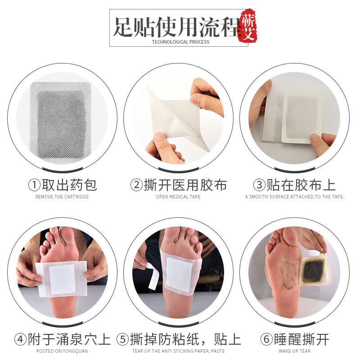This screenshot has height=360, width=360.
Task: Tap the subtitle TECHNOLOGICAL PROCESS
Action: [x=180, y=42]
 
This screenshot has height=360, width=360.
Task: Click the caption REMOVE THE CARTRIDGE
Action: [x=62, y=197]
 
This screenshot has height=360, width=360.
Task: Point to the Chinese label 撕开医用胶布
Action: [x=185, y=185]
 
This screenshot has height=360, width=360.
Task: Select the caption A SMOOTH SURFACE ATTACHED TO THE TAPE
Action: [x=294, y=197]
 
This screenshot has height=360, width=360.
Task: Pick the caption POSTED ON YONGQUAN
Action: [x=62, y=351]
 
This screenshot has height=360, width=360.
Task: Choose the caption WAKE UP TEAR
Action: [x=294, y=351]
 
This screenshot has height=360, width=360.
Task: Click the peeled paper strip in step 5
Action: [x=152, y=274]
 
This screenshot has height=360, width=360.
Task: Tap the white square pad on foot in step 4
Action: [x=62, y=279]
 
